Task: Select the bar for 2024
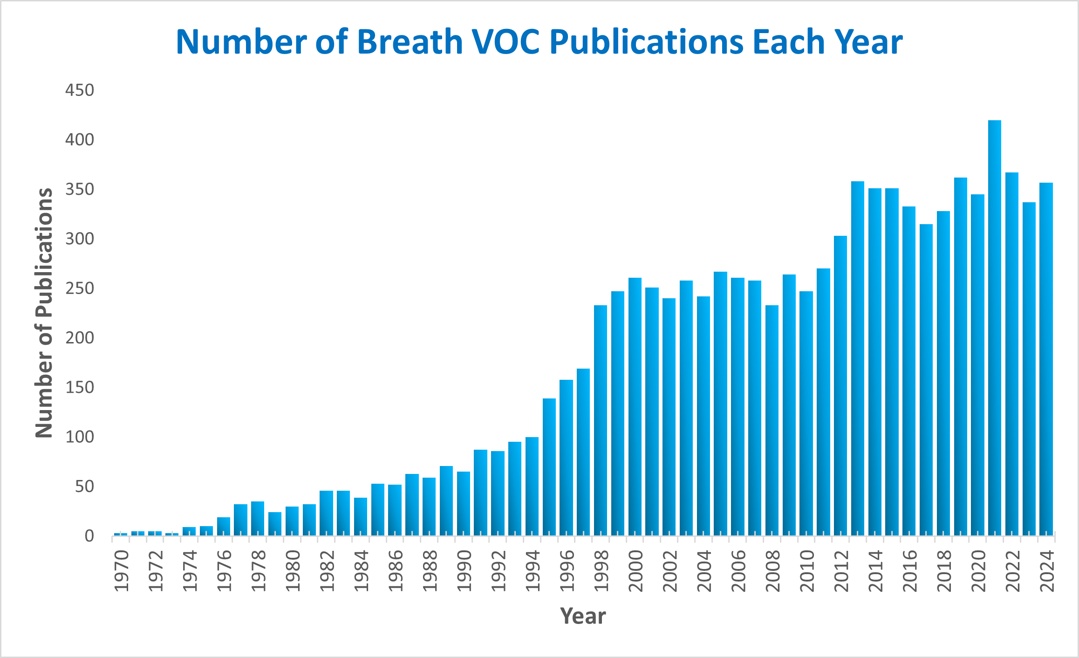1046,359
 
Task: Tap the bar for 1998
601,420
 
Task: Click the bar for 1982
326,513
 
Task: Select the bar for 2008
772,420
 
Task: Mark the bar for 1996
566,457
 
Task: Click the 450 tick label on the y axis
80,90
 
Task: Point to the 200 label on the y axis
80,338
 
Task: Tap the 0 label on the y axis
89,536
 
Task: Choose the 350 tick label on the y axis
80,189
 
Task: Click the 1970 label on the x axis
121,571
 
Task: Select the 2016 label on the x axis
909,571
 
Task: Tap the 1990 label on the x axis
464,571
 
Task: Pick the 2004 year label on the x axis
703,571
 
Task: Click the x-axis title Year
583,616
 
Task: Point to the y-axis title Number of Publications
44,313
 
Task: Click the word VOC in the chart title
506,42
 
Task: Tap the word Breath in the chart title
410,42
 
